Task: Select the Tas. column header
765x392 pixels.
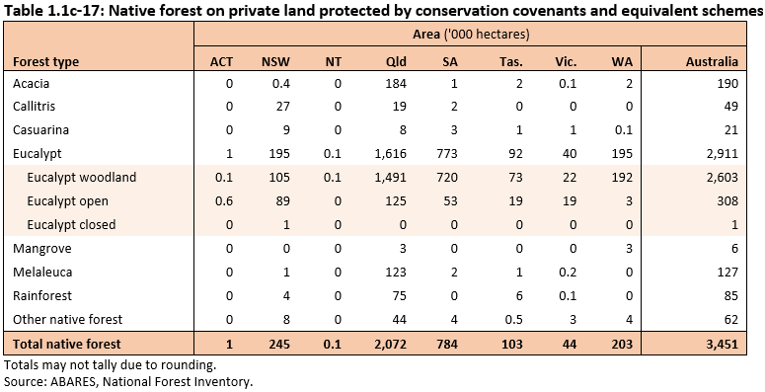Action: [x=510, y=61]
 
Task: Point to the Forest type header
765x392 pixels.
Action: [x=45, y=61]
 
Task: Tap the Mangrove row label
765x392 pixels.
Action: [x=38, y=249]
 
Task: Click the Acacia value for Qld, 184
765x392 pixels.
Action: [x=400, y=83]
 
